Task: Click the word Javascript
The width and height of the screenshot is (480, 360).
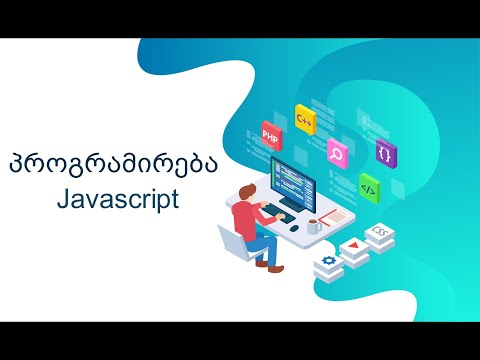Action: click(x=117, y=199)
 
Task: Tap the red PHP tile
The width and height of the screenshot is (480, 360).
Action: click(x=270, y=134)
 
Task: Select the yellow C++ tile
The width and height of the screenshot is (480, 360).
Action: click(x=305, y=119)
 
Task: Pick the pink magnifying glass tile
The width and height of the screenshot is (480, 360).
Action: click(x=336, y=154)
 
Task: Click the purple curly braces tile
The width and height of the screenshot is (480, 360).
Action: click(x=384, y=153)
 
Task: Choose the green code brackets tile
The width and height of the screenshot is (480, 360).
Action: click(x=368, y=186)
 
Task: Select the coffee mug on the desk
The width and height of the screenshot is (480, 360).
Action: click(x=314, y=226)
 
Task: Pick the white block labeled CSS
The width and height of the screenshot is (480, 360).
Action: click(x=380, y=233)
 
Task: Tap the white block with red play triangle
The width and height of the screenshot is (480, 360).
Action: click(x=354, y=248)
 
